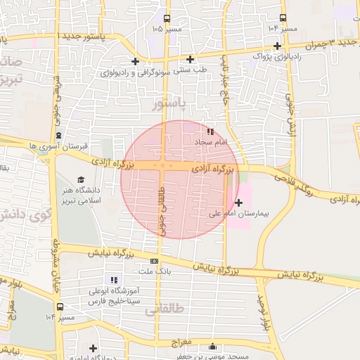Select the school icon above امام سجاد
coord(211,131)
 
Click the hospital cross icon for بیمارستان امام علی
coord(239,202)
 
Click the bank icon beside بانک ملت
coord(154,261)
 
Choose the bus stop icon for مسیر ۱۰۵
coord(167,19)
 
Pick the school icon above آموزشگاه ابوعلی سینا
coord(115,280)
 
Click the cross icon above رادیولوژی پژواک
coord(278,46)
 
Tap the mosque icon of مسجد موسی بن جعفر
coord(213,345)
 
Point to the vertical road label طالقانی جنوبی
coord(163,210)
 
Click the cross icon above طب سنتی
coord(190,59)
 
